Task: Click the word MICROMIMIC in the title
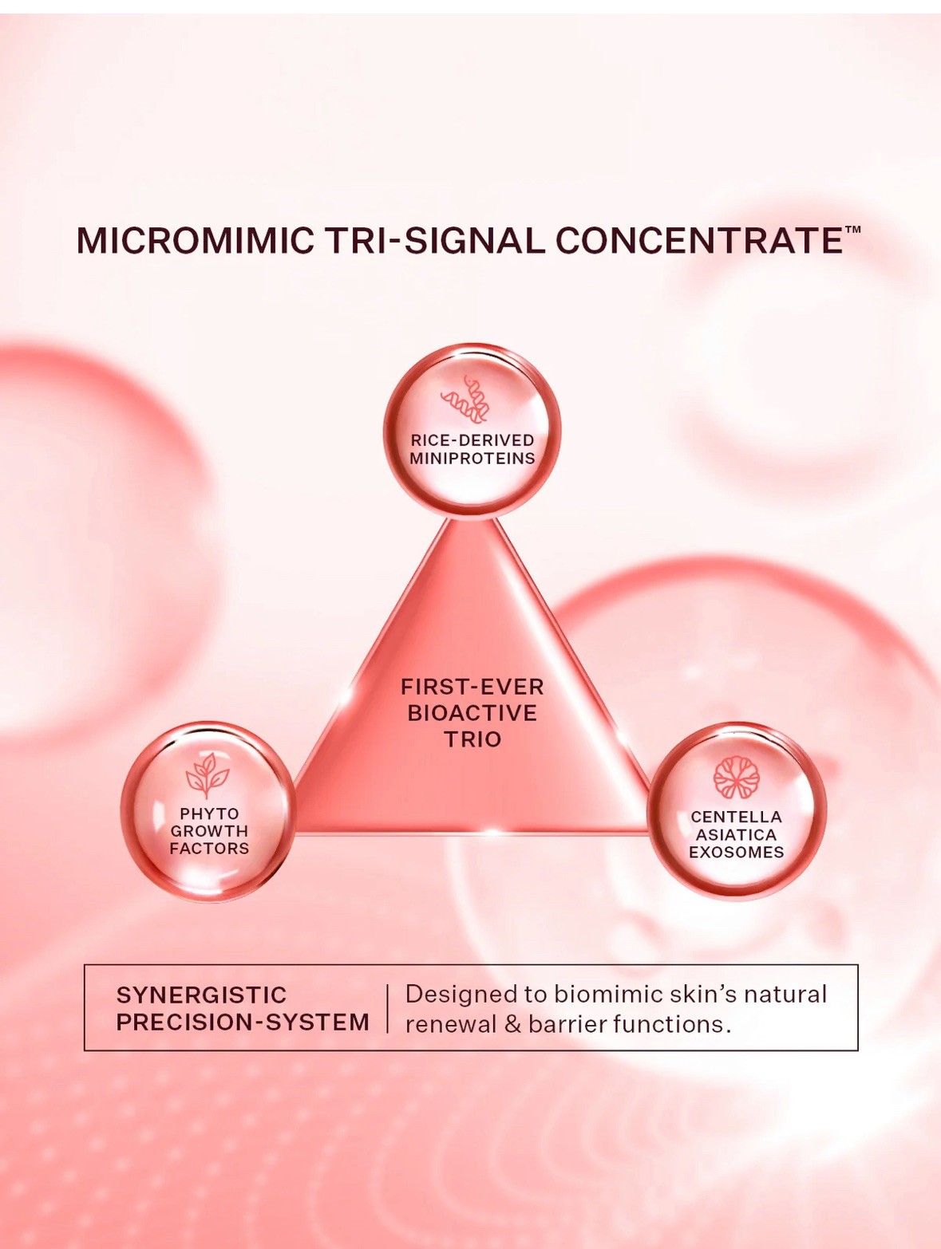(195, 241)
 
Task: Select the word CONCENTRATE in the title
(699, 241)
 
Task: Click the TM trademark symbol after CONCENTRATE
(852, 230)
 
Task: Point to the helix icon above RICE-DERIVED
(467, 399)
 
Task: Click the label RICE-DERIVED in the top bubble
(472, 440)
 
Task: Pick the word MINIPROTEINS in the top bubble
(472, 459)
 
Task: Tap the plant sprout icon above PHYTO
(208, 774)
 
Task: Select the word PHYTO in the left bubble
(209, 814)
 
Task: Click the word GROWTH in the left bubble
(209, 831)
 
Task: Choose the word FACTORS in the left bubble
(209, 849)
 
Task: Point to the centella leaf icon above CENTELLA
(736, 778)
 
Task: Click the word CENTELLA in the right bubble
(736, 817)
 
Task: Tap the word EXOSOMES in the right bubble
(736, 853)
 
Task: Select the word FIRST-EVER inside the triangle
(472, 687)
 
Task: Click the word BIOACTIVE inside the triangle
(472, 713)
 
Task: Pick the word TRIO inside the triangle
(472, 739)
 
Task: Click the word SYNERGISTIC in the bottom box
(201, 995)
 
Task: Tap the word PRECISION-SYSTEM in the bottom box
(243, 1022)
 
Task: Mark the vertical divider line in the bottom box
(387, 1009)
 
